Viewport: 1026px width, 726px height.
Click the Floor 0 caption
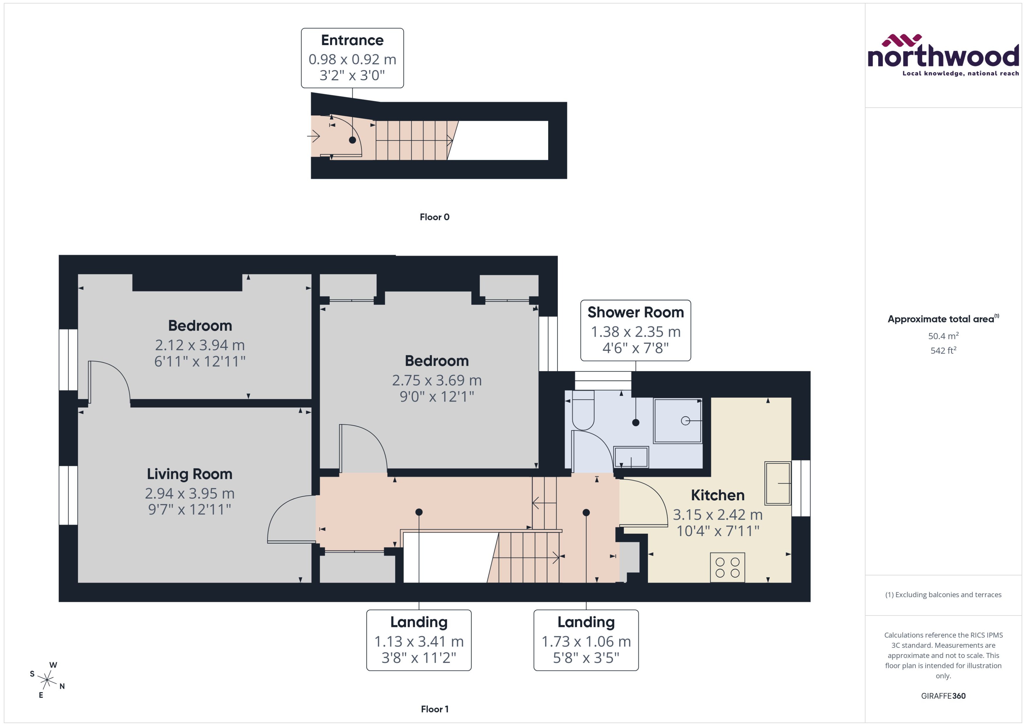tap(434, 217)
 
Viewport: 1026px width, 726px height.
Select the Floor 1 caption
tap(434, 709)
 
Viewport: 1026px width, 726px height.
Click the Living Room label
tap(190, 474)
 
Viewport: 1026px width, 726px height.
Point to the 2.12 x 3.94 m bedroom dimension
tap(200, 345)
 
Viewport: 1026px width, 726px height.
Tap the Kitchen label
tap(718, 495)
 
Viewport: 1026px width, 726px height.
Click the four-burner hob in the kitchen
tap(727, 568)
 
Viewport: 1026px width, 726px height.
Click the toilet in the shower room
tap(583, 410)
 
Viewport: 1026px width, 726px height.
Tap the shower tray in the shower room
tap(678, 421)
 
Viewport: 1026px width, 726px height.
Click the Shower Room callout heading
tap(635, 312)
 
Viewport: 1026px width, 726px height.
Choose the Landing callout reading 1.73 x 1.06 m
tap(586, 640)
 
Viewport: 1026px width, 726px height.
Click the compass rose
tap(47, 680)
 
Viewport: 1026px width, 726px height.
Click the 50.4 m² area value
tap(943, 336)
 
